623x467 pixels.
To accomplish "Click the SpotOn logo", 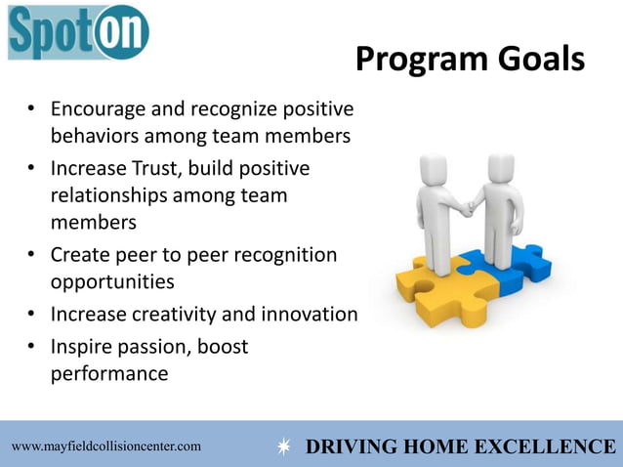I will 78,33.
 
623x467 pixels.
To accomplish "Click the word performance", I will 109,374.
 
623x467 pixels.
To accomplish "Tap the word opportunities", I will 112,282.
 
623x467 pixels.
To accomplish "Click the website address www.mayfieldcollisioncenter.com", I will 106,446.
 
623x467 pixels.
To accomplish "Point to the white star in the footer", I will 283,447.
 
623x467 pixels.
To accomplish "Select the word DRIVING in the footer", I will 349,447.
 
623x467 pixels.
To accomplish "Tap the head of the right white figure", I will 500,167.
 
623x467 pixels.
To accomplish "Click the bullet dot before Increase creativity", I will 33,316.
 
